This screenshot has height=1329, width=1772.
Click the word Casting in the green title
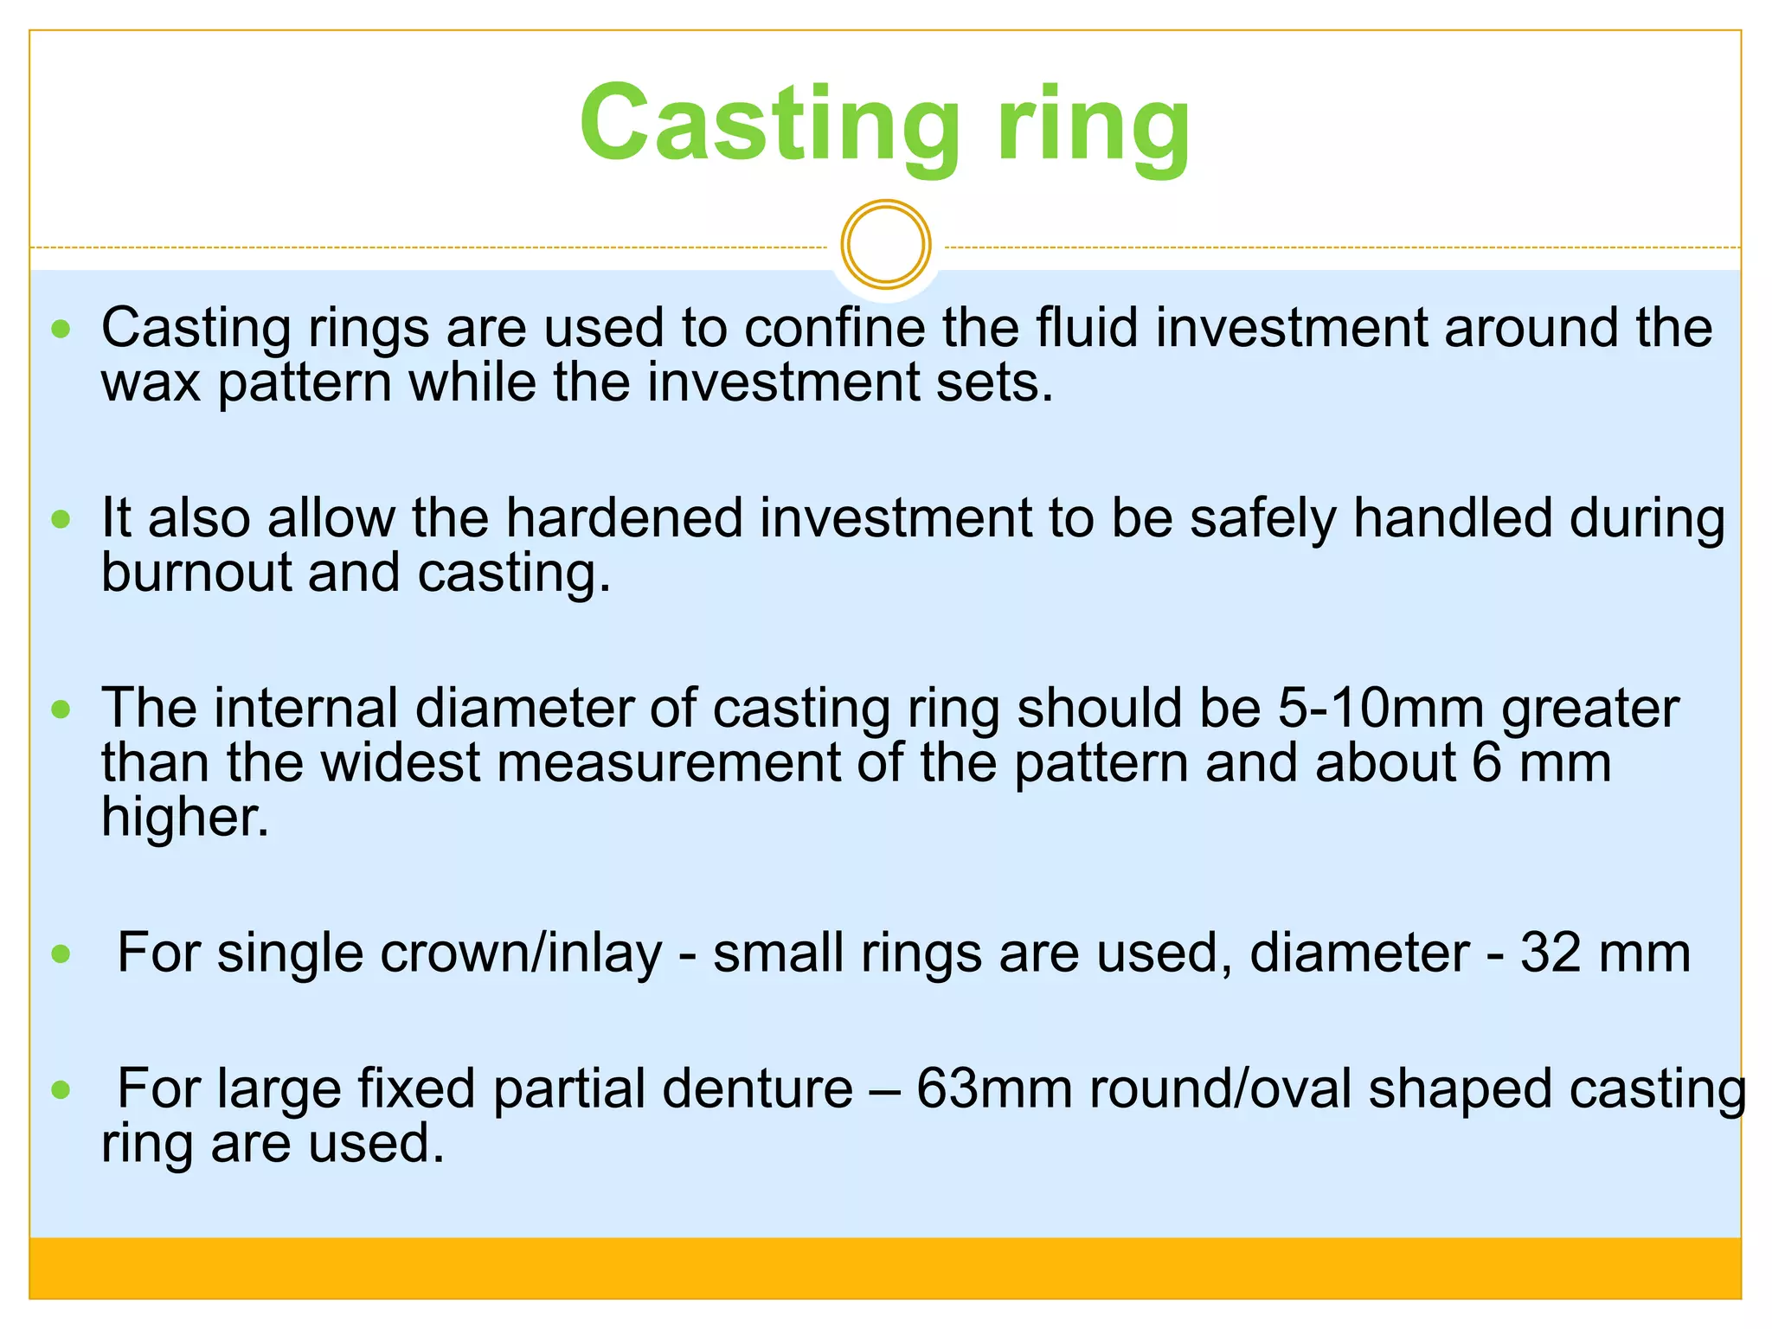point(769,123)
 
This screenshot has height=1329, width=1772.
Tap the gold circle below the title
point(885,244)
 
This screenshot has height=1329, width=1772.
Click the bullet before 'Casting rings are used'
point(61,329)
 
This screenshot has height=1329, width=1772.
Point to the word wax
point(151,384)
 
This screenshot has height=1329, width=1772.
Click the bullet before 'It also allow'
point(61,519)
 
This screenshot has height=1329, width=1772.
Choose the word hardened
point(624,519)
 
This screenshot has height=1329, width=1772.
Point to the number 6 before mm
point(1486,763)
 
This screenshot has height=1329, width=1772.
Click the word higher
point(184,818)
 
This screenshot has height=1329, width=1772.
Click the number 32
point(1550,953)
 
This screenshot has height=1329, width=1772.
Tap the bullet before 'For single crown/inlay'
point(61,954)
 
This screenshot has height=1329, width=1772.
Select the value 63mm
point(994,1089)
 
